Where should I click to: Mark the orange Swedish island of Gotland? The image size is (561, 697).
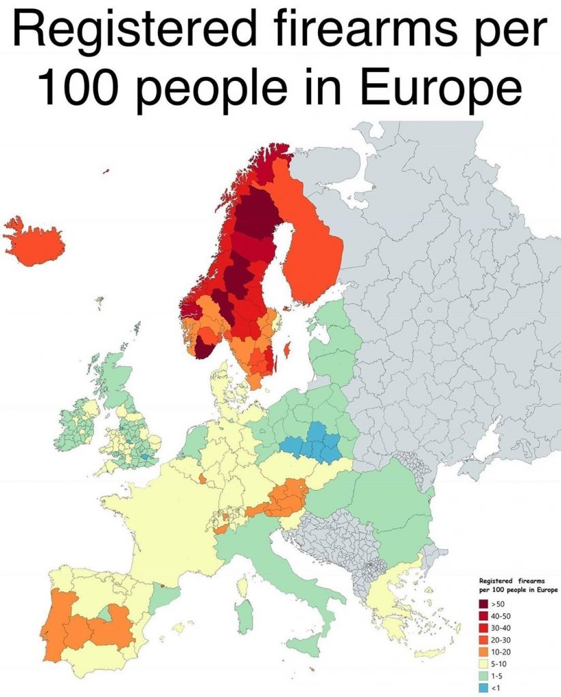[287, 352]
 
